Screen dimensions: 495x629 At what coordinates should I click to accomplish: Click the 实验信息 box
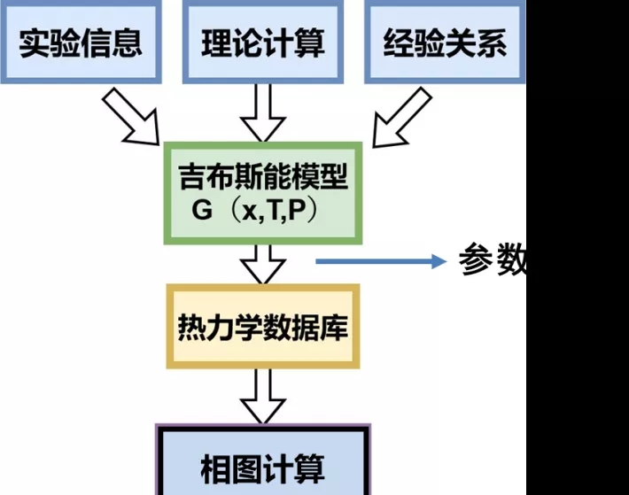click(81, 43)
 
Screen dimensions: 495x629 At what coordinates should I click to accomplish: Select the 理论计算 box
click(262, 43)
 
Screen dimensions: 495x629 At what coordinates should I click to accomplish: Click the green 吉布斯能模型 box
click(263, 192)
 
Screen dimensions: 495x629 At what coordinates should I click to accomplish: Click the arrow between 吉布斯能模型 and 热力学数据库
click(263, 265)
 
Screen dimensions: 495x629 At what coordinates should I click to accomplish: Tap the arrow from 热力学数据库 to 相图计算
click(263, 397)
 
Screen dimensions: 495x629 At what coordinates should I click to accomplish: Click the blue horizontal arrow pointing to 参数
click(381, 260)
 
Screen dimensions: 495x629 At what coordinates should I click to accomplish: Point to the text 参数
click(493, 259)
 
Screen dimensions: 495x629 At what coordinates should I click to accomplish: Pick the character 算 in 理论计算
click(309, 43)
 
